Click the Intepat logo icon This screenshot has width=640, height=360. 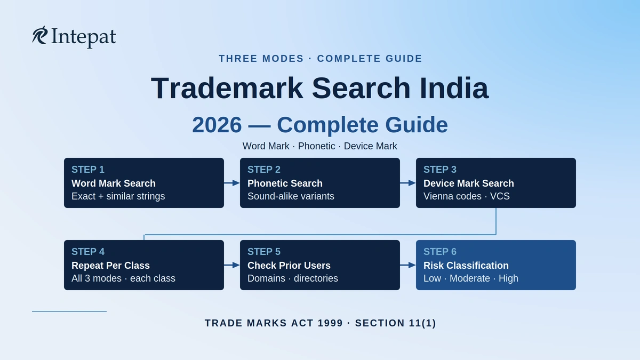pos(39,35)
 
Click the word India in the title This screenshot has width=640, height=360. pos(454,88)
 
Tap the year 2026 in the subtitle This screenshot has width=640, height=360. pos(217,125)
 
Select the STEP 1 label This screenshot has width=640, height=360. pos(88,170)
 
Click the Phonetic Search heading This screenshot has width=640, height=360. pos(285,183)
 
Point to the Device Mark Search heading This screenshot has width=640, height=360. pos(469,183)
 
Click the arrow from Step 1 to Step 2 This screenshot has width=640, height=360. pos(231,183)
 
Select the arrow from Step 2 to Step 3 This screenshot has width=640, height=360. pos(407,183)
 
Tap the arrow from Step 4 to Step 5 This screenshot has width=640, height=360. pos(231,265)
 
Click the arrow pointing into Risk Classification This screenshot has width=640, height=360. pos(407,265)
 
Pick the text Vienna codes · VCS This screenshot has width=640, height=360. pos(467,196)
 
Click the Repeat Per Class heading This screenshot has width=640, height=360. pos(110,266)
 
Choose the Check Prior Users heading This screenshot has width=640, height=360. pos(289,266)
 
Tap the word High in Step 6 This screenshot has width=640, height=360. pos(508,278)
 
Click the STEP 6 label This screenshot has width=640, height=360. pos(440,252)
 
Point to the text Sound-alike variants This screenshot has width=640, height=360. pos(291,196)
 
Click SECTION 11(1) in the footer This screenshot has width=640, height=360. pos(395,323)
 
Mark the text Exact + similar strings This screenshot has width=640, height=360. pos(118,196)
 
